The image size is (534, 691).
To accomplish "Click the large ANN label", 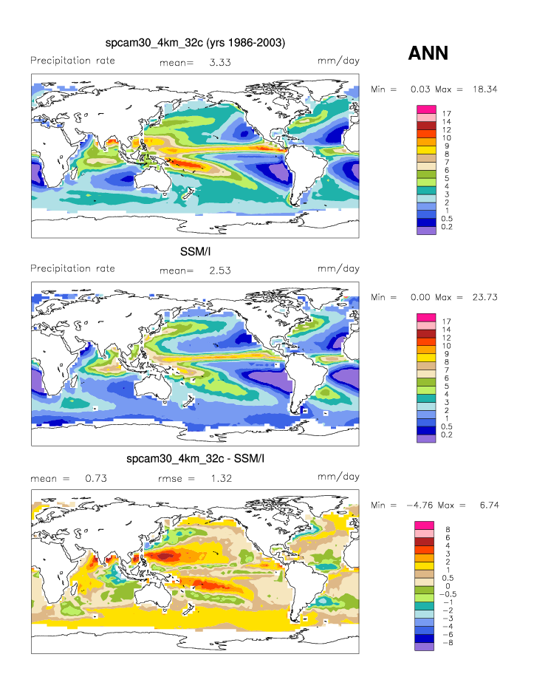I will pyautogui.click(x=428, y=53).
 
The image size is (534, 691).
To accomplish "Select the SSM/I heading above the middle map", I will pyautogui.click(x=194, y=251).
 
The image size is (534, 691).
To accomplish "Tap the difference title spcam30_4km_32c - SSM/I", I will pyautogui.click(x=195, y=459).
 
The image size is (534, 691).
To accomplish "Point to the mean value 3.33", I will pyautogui.click(x=220, y=63).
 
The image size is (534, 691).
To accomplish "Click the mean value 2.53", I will pyautogui.click(x=220, y=270).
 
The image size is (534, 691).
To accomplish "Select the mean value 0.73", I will pyautogui.click(x=96, y=479).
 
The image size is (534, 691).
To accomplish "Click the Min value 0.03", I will pyautogui.click(x=421, y=89).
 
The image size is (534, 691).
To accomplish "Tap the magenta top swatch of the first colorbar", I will pyautogui.click(x=427, y=109).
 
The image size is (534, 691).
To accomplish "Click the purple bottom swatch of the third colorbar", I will pyautogui.click(x=423, y=646).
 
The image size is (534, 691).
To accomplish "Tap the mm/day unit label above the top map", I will pyautogui.click(x=338, y=61).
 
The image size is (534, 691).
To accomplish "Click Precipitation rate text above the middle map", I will pyautogui.click(x=72, y=268).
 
